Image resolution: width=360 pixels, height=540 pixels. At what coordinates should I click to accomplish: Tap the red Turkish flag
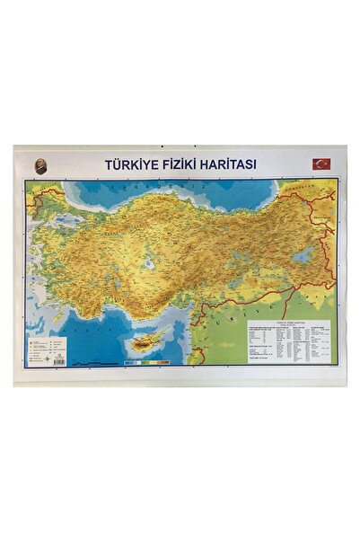pos(320,164)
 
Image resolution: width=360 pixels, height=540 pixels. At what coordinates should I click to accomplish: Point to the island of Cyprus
pos(147,343)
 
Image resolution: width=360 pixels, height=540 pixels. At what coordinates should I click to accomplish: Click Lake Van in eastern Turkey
pos(302,255)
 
